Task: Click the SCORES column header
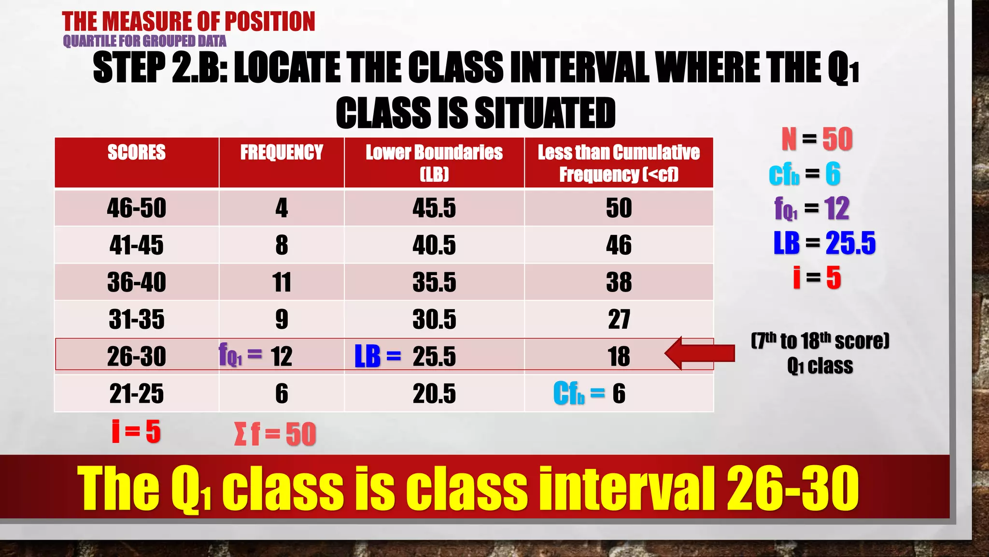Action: (x=137, y=153)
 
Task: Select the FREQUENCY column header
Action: (x=282, y=153)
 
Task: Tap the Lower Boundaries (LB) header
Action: (x=434, y=162)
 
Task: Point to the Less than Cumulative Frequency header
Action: (x=619, y=163)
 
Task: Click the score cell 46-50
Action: (x=137, y=208)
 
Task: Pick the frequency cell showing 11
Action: (x=282, y=282)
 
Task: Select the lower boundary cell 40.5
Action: (x=434, y=245)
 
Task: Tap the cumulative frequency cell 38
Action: (x=619, y=282)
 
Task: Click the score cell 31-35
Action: (x=137, y=320)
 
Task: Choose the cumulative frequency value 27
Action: (x=619, y=320)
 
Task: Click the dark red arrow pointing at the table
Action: (x=700, y=353)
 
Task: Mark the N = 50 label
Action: (x=817, y=140)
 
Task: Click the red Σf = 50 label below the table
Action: (x=275, y=434)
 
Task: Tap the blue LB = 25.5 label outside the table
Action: (x=824, y=243)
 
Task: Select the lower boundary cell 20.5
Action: (x=434, y=394)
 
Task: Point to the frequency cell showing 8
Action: (x=282, y=245)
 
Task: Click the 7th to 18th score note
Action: (x=820, y=341)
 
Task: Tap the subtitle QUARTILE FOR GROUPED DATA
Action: (x=144, y=42)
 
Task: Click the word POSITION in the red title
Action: (x=270, y=22)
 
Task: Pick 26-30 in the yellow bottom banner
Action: (x=793, y=488)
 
